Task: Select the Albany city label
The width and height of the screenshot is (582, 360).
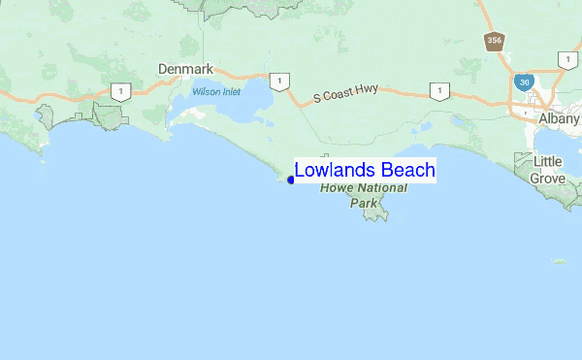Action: pyautogui.click(x=559, y=117)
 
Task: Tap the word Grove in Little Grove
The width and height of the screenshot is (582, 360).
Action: pyautogui.click(x=547, y=178)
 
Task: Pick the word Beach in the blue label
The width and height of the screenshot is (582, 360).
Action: pyautogui.click(x=407, y=171)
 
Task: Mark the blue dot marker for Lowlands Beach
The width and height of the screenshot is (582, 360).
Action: pyautogui.click(x=290, y=179)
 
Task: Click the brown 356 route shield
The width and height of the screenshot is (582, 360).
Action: pyautogui.click(x=495, y=41)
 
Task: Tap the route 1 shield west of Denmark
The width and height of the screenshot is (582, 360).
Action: pyautogui.click(x=119, y=92)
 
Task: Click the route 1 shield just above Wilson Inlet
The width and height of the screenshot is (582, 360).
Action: pyautogui.click(x=278, y=81)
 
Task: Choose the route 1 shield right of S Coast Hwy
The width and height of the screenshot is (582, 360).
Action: pyautogui.click(x=440, y=92)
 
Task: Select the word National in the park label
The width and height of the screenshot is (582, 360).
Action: pyautogui.click(x=382, y=188)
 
